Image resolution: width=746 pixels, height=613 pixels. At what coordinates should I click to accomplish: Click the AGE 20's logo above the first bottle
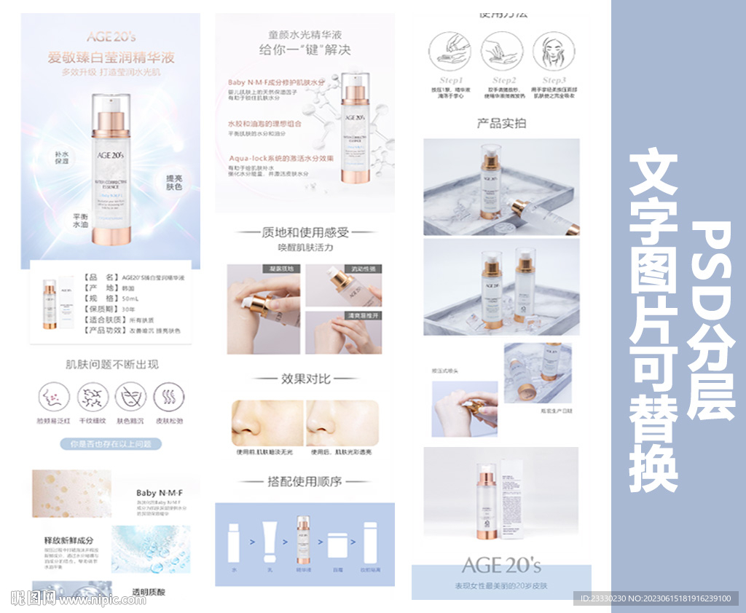[111, 36]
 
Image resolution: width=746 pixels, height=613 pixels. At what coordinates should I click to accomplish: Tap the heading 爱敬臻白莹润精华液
[111, 58]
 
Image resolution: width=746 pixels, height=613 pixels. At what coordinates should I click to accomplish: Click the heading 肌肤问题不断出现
[111, 364]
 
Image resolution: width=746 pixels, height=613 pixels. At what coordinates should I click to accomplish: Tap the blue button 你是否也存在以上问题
[111, 443]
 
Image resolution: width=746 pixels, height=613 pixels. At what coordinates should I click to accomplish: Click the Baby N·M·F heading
[159, 493]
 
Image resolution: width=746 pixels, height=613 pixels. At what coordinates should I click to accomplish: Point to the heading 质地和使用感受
[305, 232]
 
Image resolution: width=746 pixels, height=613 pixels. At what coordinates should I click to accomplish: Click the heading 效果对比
[305, 379]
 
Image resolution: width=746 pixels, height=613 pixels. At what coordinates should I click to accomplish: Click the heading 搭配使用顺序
[305, 481]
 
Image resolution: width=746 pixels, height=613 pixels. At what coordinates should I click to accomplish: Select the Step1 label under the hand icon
[450, 80]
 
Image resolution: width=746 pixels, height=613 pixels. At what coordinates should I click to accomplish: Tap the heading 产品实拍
[501, 123]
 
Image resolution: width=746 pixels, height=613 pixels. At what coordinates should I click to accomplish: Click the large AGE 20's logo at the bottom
[501, 566]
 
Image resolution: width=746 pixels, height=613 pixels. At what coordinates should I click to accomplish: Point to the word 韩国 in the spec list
[127, 288]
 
